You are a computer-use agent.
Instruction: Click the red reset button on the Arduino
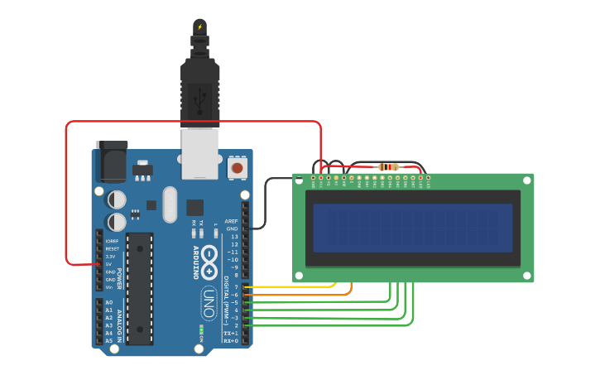(237, 168)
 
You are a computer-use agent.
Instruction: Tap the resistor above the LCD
(388, 167)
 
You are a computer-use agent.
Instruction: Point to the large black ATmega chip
(139, 288)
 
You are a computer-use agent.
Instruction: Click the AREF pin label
(232, 221)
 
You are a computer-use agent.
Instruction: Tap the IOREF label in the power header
(112, 241)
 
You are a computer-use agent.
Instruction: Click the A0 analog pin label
(109, 302)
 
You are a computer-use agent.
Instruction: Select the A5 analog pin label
(109, 340)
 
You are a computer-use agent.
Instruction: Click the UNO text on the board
(209, 303)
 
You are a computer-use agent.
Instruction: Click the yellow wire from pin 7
(290, 287)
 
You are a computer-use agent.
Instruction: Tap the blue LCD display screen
(412, 228)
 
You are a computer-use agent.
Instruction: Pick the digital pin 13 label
(234, 237)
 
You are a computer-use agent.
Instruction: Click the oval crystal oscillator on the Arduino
(170, 204)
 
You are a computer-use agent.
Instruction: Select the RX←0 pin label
(231, 340)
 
